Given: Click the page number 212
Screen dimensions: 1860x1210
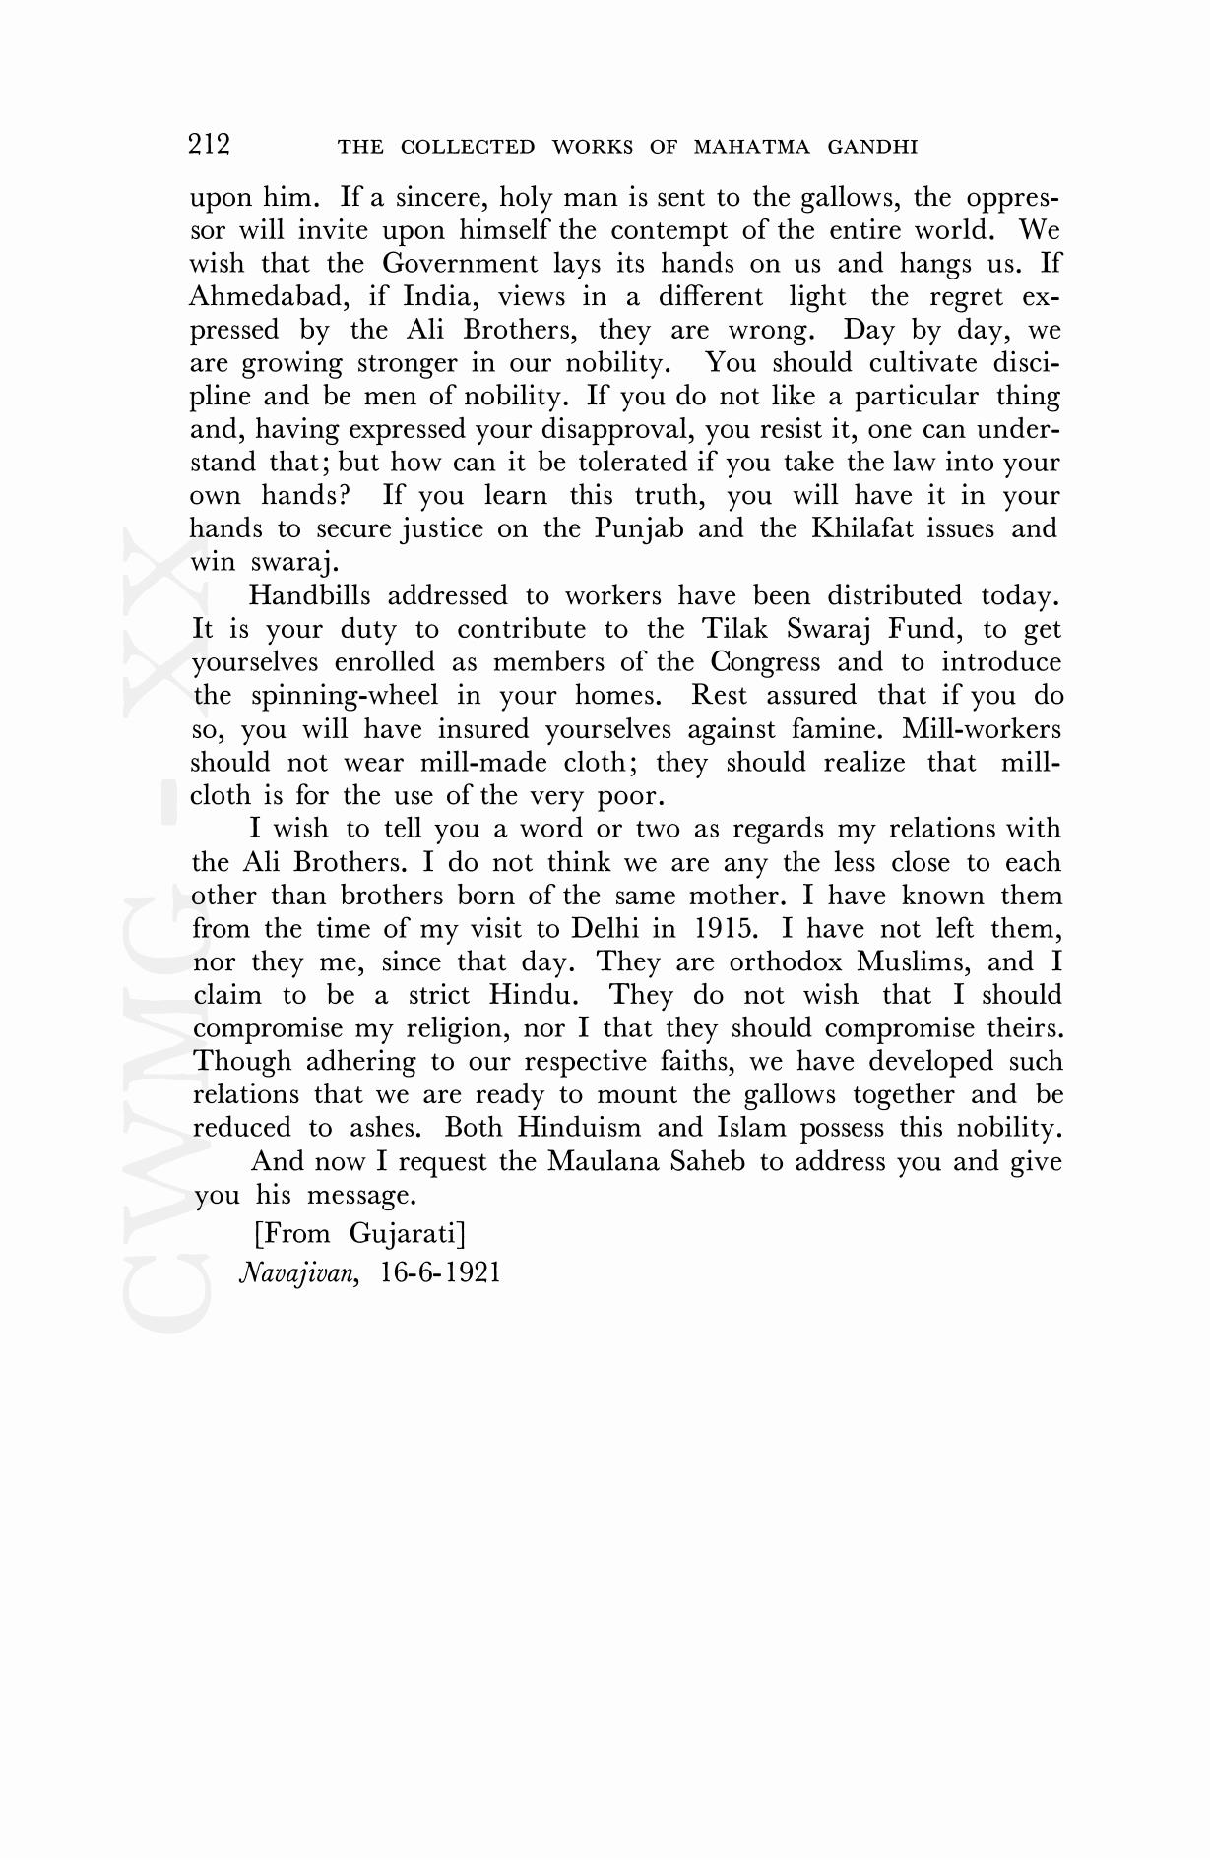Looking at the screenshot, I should pos(209,145).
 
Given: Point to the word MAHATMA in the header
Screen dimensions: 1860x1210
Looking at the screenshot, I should pos(752,148).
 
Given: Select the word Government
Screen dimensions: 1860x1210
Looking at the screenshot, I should pos(460,263).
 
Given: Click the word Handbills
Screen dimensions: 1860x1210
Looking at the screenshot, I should pos(309,595).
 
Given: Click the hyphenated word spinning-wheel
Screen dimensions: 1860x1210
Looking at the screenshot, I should pos(345,696).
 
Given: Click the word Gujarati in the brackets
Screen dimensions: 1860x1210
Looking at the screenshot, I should pos(407,1233).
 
